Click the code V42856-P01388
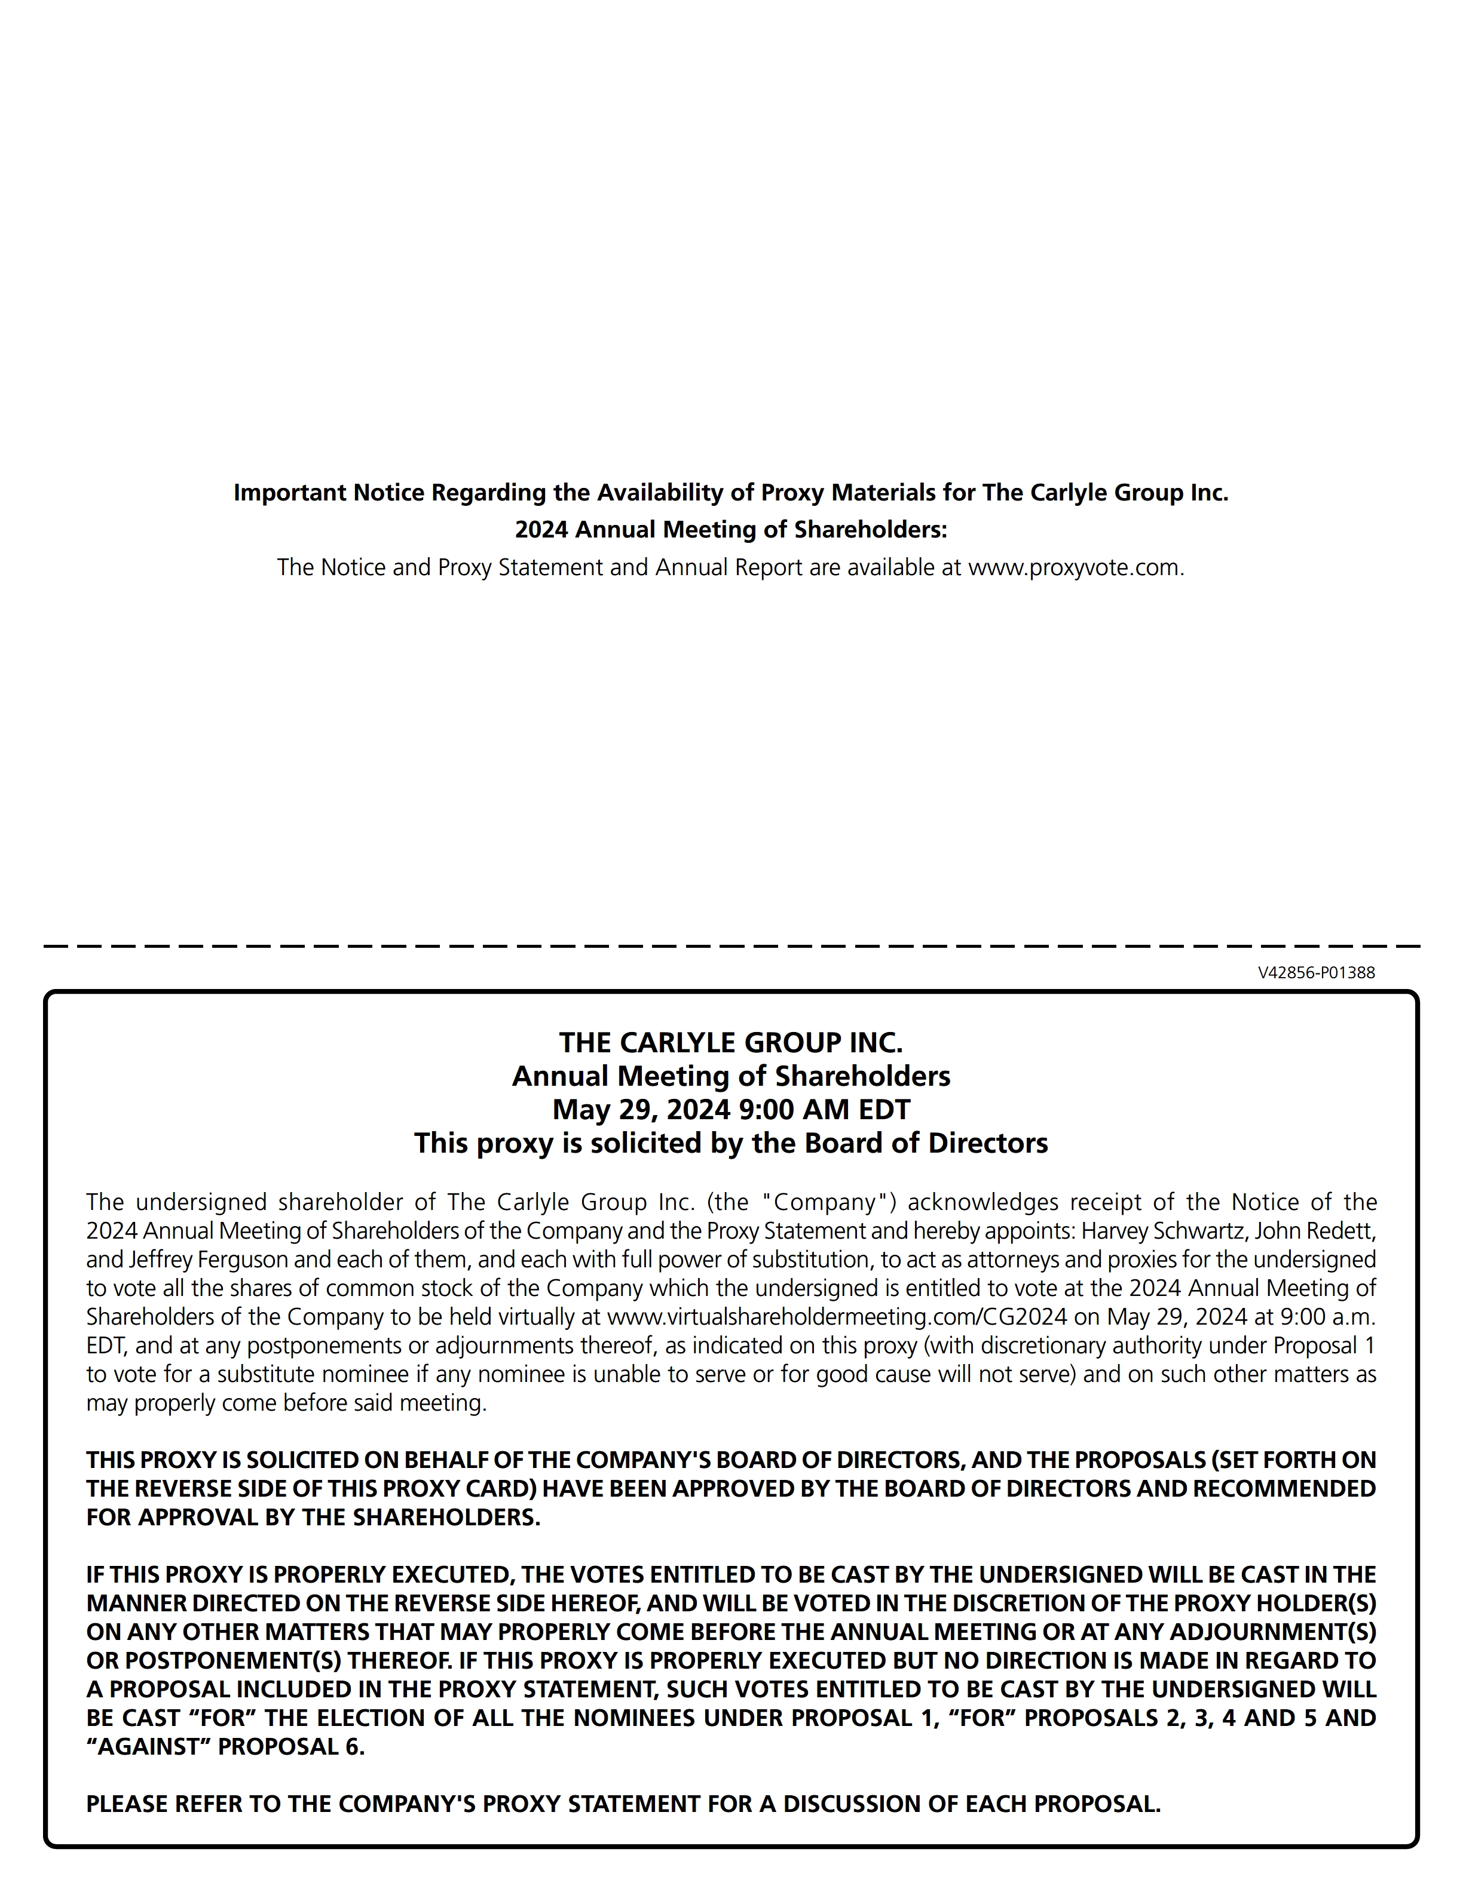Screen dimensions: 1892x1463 click(x=1315, y=972)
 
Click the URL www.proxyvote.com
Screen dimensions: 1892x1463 click(x=1074, y=567)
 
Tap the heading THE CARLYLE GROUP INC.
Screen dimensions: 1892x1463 click(x=731, y=1042)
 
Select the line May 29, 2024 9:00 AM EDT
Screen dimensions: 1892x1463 click(x=731, y=1109)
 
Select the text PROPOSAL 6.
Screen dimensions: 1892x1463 click(x=291, y=1746)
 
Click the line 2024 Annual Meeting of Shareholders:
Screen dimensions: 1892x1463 click(x=731, y=529)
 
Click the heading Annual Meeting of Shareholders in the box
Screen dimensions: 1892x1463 click(x=731, y=1076)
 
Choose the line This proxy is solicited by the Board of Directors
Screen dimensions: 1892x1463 click(x=731, y=1144)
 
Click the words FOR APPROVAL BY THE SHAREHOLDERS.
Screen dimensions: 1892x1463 click(x=313, y=1517)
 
